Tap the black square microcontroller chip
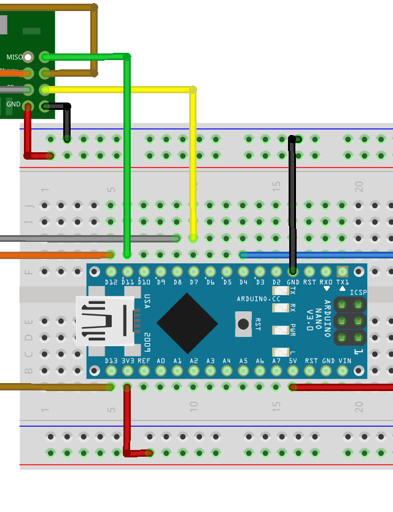[187, 323]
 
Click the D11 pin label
[128, 282]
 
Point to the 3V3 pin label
[128, 361]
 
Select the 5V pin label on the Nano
[294, 361]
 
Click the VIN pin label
[344, 361]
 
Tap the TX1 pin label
[343, 282]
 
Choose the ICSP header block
[349, 321]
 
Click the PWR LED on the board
[281, 330]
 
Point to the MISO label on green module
[14, 57]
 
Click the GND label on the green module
[13, 104]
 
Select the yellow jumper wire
[193, 160]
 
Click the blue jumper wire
[319, 255]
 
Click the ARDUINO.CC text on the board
[259, 299]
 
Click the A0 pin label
[161, 361]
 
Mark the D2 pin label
[276, 282]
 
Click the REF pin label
[144, 361]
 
